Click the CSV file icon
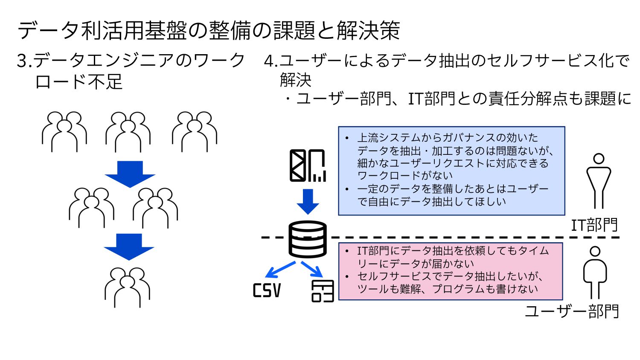[267, 290]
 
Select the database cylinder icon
[308, 239]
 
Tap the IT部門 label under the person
[594, 225]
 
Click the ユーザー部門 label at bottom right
[572, 311]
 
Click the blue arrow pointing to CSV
[280, 270]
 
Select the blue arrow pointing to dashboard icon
[312, 269]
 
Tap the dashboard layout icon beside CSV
[323, 291]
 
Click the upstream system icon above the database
[308, 165]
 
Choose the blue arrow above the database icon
[308, 201]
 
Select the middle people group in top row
[128, 132]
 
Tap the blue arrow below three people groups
[130, 174]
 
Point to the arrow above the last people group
[129, 247]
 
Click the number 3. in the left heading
[24, 61]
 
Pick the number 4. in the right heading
[271, 61]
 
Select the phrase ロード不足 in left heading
[79, 81]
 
